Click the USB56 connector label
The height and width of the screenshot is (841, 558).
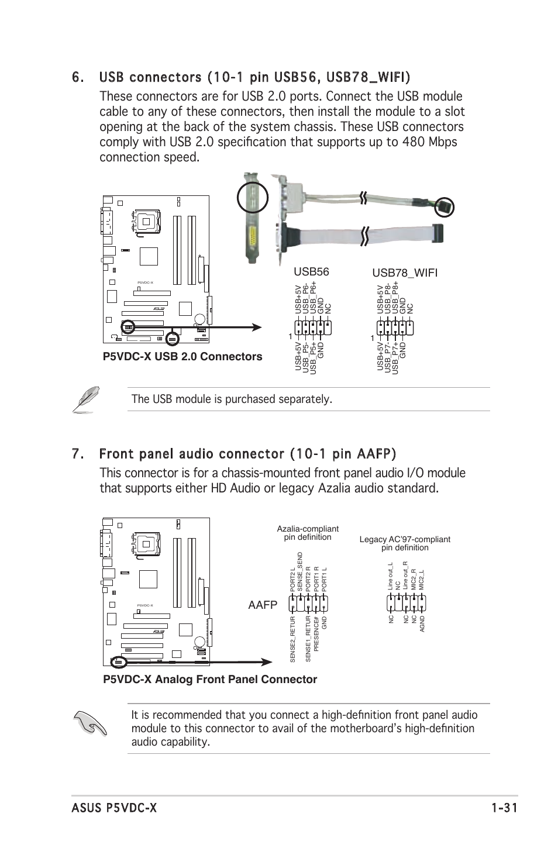point(311,271)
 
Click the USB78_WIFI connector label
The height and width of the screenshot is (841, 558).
point(405,273)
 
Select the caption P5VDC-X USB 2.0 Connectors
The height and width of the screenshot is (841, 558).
point(182,357)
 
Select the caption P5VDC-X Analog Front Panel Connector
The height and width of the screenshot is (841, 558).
point(210,679)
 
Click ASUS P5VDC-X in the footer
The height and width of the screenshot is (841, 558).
point(114,808)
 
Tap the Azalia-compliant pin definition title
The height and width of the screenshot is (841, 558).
point(308,533)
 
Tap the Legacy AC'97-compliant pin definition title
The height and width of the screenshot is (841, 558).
point(405,543)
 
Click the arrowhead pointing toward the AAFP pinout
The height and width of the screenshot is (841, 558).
point(266,661)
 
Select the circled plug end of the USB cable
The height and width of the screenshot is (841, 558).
point(445,207)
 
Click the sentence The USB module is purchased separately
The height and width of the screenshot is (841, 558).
point(232,399)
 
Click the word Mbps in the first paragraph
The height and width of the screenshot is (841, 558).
point(438,142)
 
